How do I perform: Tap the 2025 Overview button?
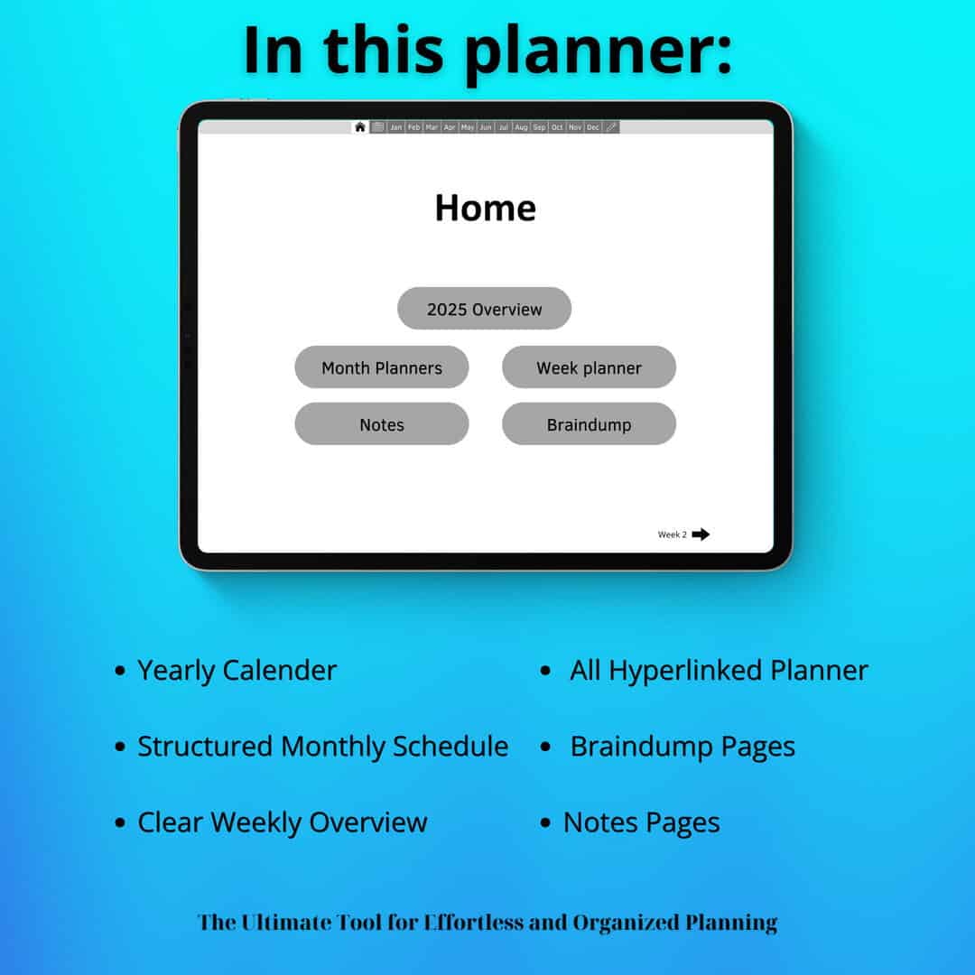[485, 309]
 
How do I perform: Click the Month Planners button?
[382, 367]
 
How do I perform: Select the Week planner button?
[589, 367]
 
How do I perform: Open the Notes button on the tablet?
[382, 423]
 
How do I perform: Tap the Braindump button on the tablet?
[589, 423]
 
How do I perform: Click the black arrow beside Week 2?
[701, 534]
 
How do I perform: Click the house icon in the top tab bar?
[360, 127]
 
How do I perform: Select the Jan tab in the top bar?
[396, 127]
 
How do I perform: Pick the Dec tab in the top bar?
[593, 127]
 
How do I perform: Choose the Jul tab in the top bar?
[504, 127]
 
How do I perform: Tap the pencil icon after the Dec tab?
[611, 127]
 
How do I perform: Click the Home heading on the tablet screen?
[485, 208]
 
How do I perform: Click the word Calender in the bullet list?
[280, 670]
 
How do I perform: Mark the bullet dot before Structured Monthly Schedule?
[120, 747]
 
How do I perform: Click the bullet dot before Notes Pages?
[545, 822]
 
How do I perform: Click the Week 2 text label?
[673, 534]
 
